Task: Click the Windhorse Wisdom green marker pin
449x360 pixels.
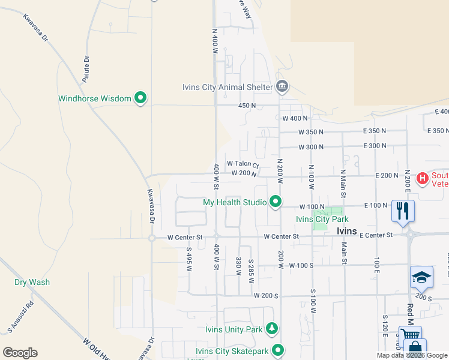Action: point(140,98)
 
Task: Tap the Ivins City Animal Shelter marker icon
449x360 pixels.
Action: point(282,87)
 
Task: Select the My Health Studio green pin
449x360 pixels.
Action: point(276,202)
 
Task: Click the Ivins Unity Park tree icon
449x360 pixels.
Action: point(273,329)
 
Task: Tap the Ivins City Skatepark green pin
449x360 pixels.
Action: point(277,349)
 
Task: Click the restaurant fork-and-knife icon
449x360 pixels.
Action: point(402,210)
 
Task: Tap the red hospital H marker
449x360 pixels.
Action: point(422,178)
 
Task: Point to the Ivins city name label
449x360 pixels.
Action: point(346,231)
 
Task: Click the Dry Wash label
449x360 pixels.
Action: point(32,282)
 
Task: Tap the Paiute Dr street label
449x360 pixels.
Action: point(86,69)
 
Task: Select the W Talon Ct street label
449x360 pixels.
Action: point(243,164)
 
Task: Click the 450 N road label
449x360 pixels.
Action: point(247,106)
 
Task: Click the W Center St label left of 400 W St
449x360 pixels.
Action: point(186,237)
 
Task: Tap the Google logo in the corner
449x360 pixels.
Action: point(20,353)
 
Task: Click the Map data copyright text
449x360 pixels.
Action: point(412,355)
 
